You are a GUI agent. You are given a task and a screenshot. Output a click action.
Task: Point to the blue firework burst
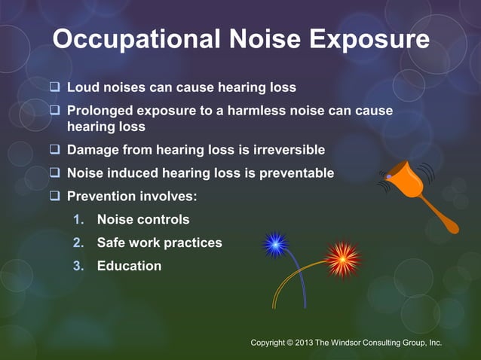275,244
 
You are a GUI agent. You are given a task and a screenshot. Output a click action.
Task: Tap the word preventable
296,173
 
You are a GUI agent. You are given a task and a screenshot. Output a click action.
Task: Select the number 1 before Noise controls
77,220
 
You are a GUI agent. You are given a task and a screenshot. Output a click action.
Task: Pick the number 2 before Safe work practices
77,243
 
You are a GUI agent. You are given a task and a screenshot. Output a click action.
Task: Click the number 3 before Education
77,266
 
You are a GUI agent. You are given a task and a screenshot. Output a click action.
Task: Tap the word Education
129,266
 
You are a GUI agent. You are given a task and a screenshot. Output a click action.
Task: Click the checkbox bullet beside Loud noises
54,87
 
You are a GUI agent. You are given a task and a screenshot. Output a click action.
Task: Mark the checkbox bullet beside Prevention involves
54,197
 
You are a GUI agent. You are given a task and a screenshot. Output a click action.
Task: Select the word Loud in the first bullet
84,87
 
